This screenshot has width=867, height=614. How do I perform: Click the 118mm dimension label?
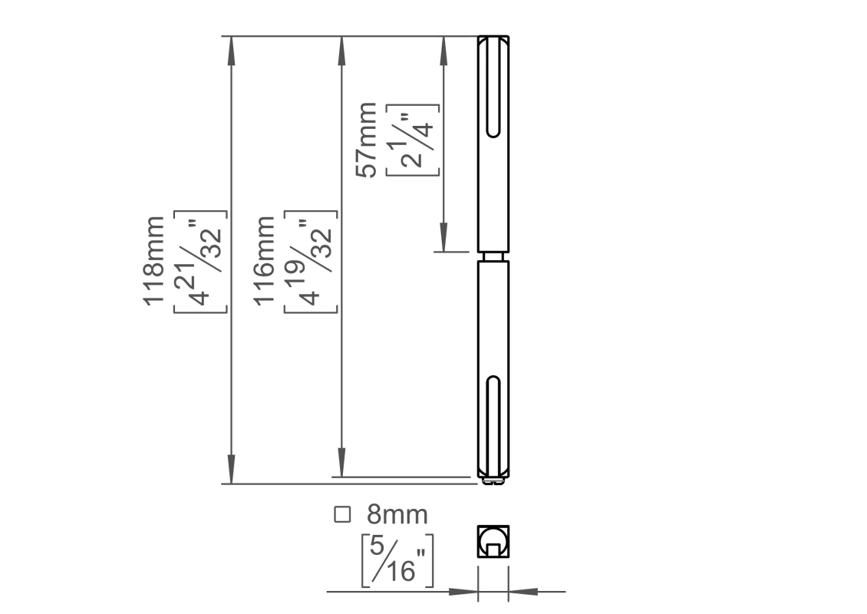(153, 260)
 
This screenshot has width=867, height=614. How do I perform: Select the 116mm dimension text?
(264, 260)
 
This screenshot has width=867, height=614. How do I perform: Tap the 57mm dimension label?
(366, 140)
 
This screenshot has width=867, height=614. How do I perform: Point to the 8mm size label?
(397, 514)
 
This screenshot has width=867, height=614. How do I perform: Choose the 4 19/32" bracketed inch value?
(311, 262)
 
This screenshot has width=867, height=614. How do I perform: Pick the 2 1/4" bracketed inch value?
(413, 140)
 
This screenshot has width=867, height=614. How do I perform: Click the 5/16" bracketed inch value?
(397, 560)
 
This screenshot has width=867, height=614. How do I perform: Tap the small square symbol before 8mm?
(342, 514)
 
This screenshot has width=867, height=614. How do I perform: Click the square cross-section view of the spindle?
(493, 542)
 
